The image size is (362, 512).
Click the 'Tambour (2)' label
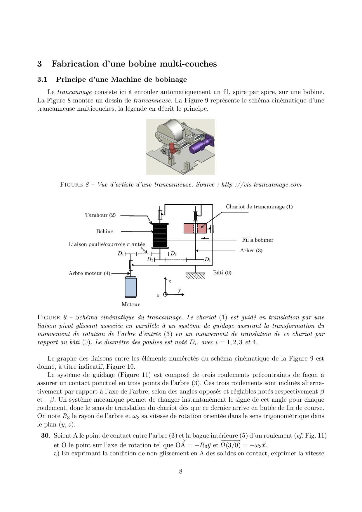100,215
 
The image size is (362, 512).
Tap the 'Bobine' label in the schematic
105,231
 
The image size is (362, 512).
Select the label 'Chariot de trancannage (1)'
259,207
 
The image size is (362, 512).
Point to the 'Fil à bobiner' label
258,240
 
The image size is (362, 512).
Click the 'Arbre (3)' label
251,250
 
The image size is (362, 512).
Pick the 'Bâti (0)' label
222,273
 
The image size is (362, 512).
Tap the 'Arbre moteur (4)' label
89,274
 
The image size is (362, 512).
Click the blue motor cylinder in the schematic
130,287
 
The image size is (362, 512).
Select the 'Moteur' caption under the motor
130,304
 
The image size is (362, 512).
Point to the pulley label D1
207,260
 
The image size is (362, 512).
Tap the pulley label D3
173,254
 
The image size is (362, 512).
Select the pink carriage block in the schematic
195,229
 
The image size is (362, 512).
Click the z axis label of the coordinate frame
170,281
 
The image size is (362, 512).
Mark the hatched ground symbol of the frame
195,276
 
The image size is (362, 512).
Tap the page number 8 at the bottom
181,471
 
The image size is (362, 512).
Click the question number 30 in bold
45,436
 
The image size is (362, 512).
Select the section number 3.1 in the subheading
42,79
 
